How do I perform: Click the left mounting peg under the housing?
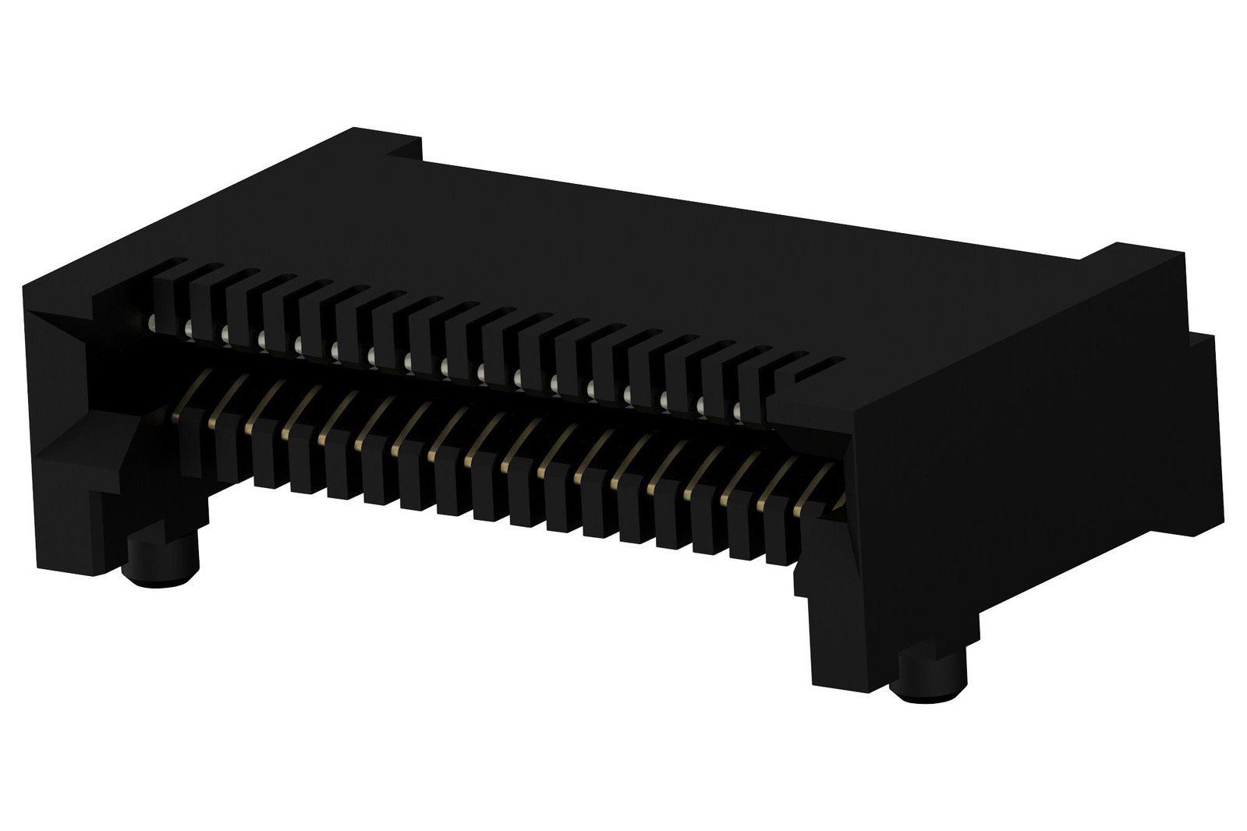(161, 561)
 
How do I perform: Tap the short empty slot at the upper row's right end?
(819, 366)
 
